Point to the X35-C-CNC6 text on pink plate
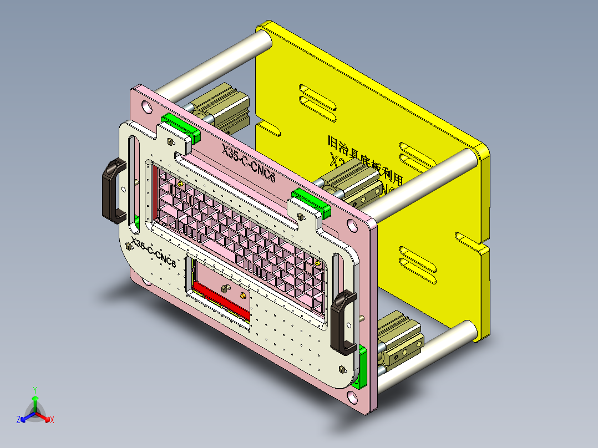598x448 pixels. click(249, 163)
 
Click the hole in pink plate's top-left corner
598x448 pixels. click(146, 105)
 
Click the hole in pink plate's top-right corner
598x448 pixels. click(352, 226)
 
